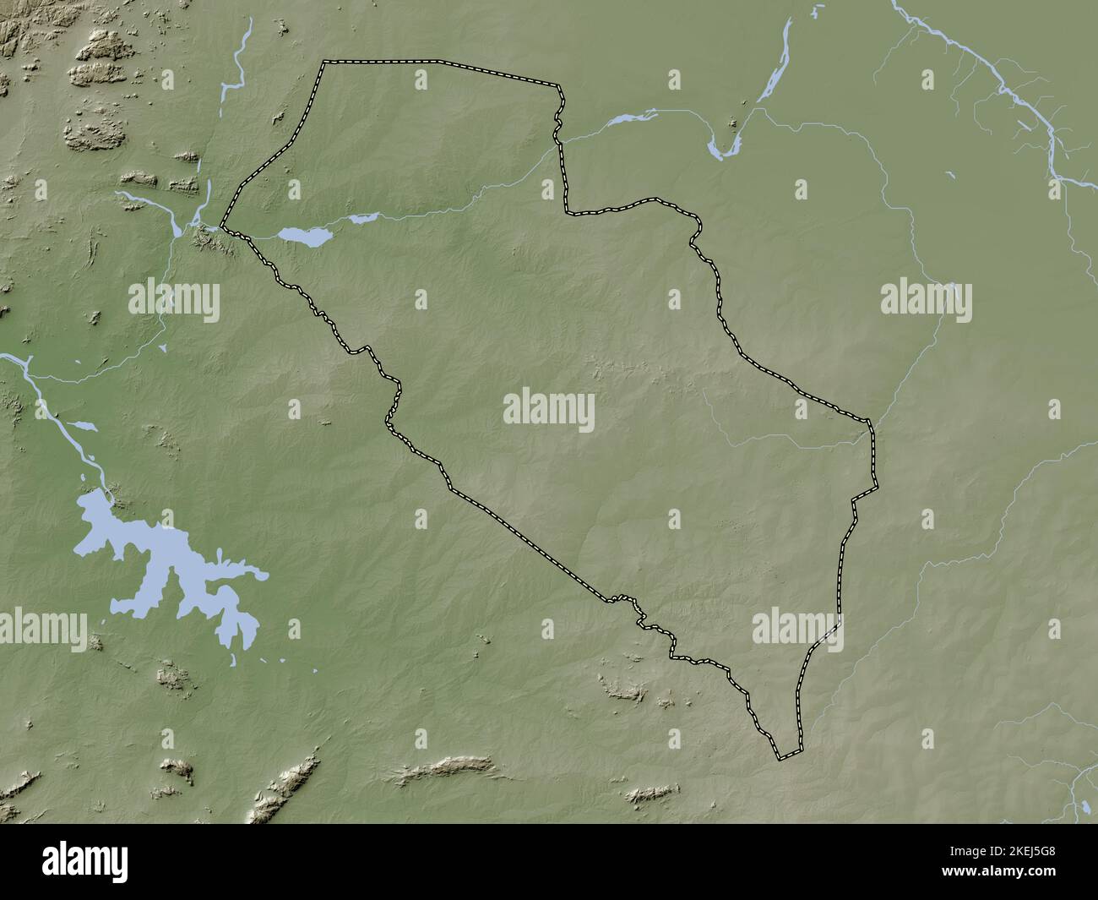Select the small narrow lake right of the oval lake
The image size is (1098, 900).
click(363, 219)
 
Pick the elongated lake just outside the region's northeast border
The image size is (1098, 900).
click(626, 120)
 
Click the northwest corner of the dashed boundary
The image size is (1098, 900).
click(324, 62)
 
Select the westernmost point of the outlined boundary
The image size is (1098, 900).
click(223, 226)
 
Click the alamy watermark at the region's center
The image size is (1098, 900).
click(549, 411)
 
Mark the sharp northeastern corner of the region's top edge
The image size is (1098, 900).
click(559, 86)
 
